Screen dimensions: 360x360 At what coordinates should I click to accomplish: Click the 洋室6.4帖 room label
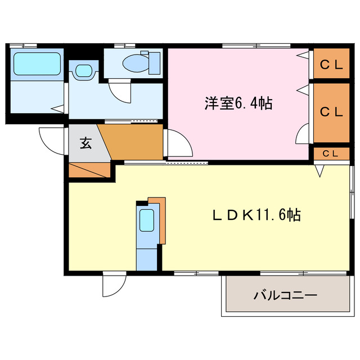[238, 103]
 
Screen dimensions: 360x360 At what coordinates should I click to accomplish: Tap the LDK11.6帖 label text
[256, 214]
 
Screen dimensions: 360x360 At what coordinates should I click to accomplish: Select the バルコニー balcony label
[285, 295]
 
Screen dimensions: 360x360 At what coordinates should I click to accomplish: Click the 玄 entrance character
[84, 143]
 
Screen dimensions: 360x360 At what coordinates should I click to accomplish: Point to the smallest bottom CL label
[330, 153]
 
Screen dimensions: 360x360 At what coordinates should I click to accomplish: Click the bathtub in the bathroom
[37, 65]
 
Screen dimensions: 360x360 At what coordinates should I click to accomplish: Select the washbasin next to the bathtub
[83, 71]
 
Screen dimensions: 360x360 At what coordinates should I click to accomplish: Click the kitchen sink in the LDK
[147, 220]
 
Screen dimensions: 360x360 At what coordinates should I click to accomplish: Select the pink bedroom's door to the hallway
[179, 144]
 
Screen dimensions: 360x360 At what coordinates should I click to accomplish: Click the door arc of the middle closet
[302, 133]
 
